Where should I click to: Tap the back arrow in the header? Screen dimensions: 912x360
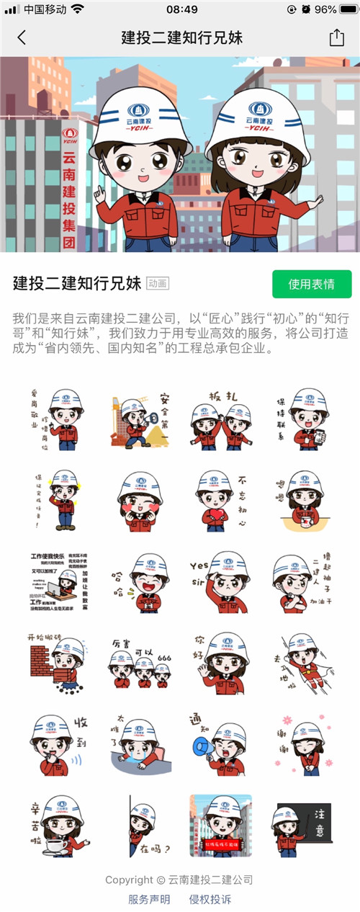(x=22, y=38)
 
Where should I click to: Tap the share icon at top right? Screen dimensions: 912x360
(x=336, y=38)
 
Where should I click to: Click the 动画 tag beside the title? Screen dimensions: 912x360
(x=158, y=283)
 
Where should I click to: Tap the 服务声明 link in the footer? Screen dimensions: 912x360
(x=149, y=899)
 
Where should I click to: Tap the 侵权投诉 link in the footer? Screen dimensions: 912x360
(x=210, y=899)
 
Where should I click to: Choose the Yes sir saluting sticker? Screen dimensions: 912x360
(x=220, y=583)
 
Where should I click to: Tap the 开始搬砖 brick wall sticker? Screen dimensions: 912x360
(x=58, y=663)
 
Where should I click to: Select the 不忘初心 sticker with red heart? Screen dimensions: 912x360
(x=220, y=501)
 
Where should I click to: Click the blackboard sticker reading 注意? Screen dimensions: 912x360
(x=302, y=826)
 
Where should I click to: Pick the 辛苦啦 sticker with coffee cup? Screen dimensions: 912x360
(x=58, y=826)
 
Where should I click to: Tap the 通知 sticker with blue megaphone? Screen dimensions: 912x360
(x=220, y=744)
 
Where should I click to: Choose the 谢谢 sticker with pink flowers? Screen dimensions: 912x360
(x=302, y=744)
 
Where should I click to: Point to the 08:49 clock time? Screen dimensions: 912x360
(x=181, y=9)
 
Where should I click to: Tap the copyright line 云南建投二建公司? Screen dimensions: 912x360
(x=179, y=880)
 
